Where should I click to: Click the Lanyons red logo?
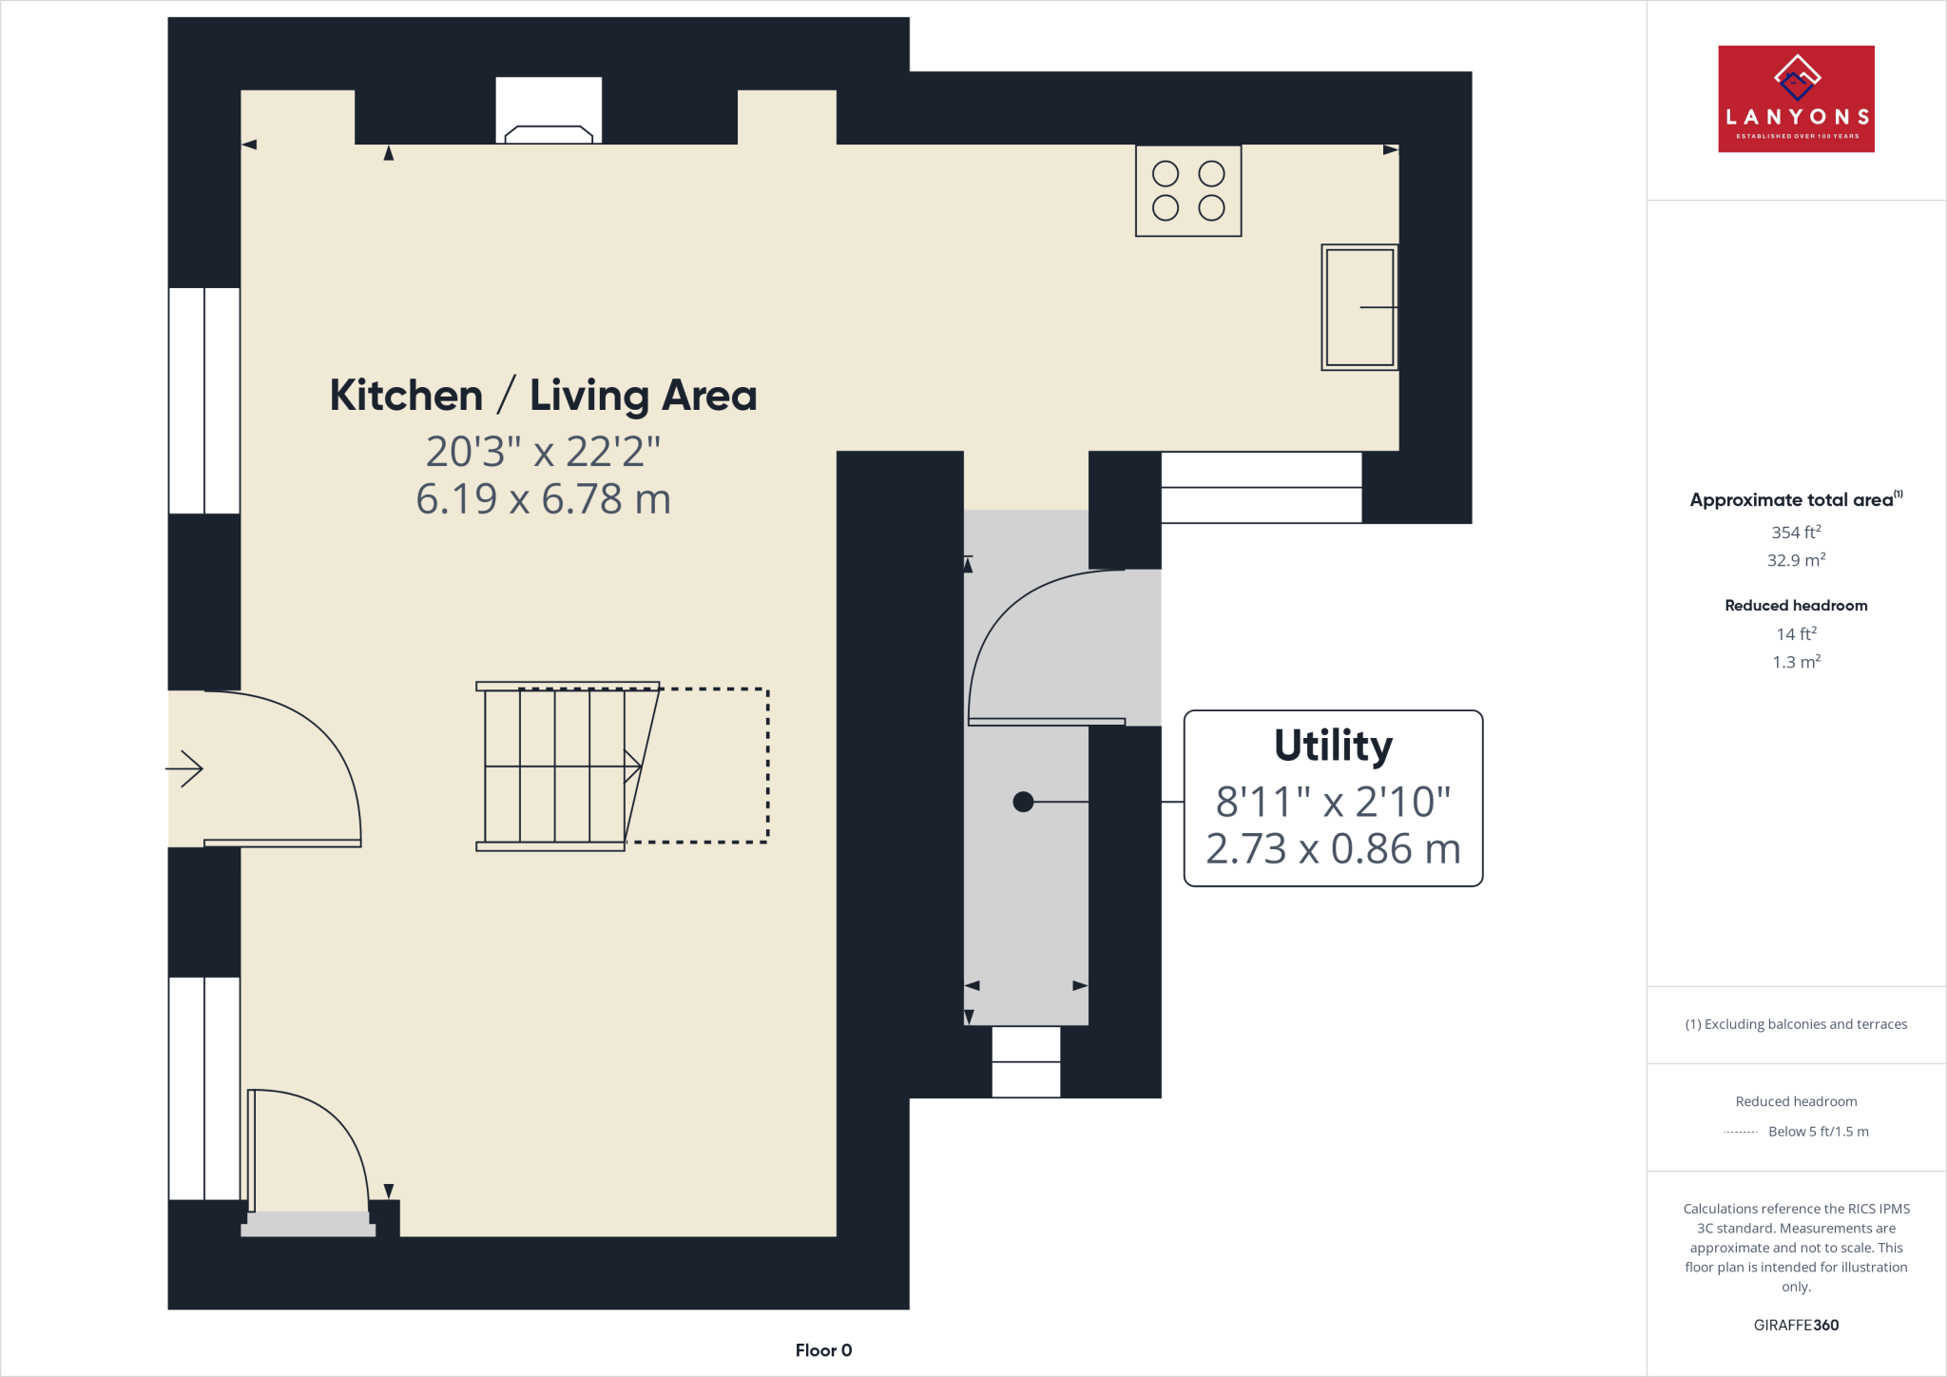[x=1796, y=99]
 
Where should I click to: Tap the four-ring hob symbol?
[x=1188, y=191]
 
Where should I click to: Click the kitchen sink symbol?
[x=1359, y=307]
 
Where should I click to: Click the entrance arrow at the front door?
[x=184, y=768]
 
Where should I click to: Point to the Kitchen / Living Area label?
[x=543, y=396]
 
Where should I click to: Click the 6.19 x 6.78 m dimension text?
[x=543, y=499]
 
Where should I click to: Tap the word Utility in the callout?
[x=1333, y=746]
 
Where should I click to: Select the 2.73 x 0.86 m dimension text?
[x=1333, y=849]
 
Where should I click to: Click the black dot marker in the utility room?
[x=1023, y=802]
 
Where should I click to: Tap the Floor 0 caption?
[x=823, y=1350]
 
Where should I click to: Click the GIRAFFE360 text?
[x=1796, y=1325]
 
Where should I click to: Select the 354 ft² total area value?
[x=1796, y=533]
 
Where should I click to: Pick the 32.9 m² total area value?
[x=1796, y=560]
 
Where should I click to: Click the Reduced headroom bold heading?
[x=1796, y=606]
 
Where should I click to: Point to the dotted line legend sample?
[x=1740, y=1132]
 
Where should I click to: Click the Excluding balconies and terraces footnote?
[x=1796, y=1024]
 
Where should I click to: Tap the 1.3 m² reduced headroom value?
[x=1796, y=662]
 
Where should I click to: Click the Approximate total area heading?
[x=1792, y=500]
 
